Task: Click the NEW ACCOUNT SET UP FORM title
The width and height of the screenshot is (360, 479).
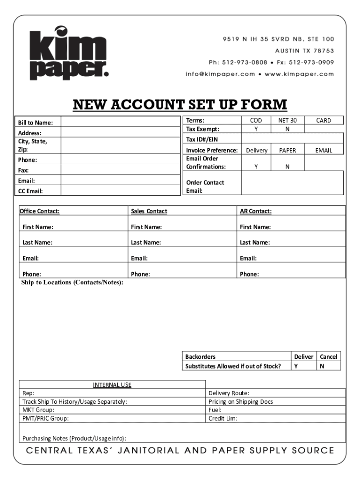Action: tap(180, 105)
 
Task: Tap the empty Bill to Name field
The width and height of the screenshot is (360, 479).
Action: tap(120, 122)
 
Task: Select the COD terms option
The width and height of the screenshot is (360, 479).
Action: tap(256, 120)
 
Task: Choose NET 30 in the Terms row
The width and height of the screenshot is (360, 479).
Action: tap(287, 120)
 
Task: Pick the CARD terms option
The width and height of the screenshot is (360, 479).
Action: tap(323, 120)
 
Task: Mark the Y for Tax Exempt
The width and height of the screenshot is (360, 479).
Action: tap(256, 129)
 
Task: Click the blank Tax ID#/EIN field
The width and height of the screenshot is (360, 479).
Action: tap(292, 139)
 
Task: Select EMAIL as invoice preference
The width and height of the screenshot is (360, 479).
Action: tap(324, 150)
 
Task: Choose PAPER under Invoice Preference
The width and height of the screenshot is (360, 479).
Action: tap(288, 150)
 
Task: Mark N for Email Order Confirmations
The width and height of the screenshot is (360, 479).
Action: tap(287, 167)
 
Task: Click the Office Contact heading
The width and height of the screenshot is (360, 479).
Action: tap(39, 211)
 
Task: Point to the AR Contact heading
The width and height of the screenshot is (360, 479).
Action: tap(255, 211)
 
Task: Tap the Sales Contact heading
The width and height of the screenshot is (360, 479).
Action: tap(149, 211)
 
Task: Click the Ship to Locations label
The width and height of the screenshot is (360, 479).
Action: tap(72, 283)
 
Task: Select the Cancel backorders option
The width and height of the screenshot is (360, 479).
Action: tap(328, 356)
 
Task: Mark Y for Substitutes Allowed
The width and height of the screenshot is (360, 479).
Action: tap(295, 366)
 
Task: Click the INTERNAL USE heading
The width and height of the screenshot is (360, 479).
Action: tap(112, 385)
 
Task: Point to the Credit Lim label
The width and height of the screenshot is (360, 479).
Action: tap(223, 419)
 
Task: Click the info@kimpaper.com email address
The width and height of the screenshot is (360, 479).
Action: tap(220, 74)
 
